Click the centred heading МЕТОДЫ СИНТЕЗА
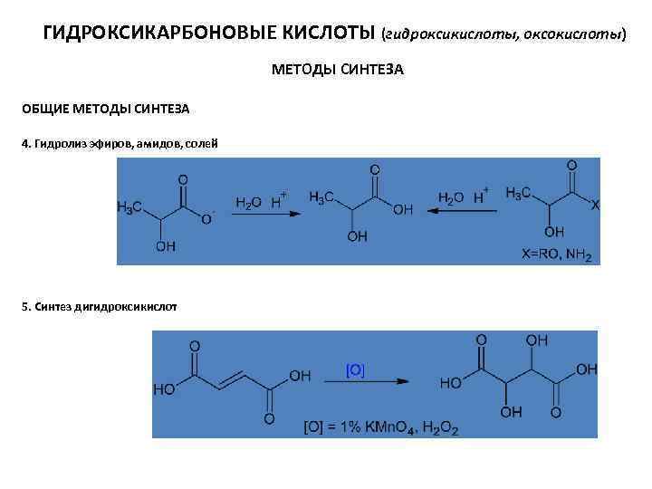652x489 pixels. (x=337, y=70)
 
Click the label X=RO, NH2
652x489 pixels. (x=555, y=254)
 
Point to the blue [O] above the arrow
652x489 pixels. (x=355, y=369)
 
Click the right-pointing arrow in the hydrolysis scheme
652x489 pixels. (x=261, y=214)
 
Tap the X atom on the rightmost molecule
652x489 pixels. (x=594, y=206)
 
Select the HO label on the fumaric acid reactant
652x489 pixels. (x=166, y=390)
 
